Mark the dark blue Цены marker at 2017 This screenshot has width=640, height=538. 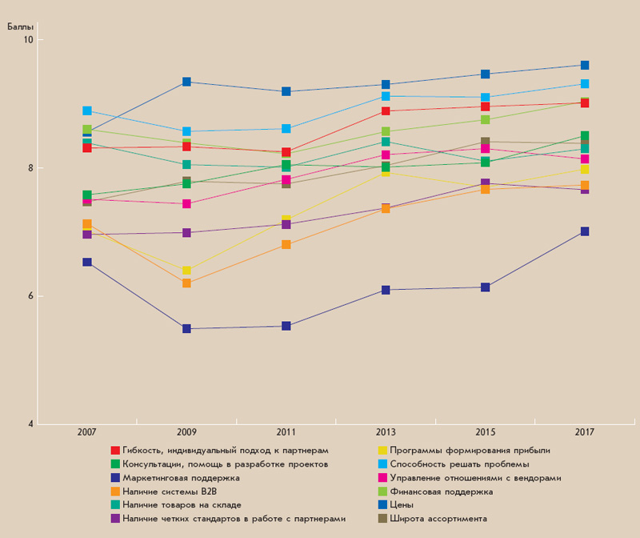[x=585, y=65]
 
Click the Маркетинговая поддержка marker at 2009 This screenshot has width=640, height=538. [x=186, y=328]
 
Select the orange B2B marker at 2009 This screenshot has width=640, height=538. [x=186, y=283]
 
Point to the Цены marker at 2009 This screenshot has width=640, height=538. [x=186, y=82]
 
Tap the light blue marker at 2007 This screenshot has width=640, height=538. [x=87, y=110]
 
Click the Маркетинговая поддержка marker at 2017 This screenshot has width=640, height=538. [x=585, y=231]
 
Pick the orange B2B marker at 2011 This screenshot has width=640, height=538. [x=286, y=244]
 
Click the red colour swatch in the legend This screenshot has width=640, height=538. [x=115, y=450]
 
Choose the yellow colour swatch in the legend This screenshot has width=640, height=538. [x=382, y=450]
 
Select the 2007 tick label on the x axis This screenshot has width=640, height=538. [x=87, y=432]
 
